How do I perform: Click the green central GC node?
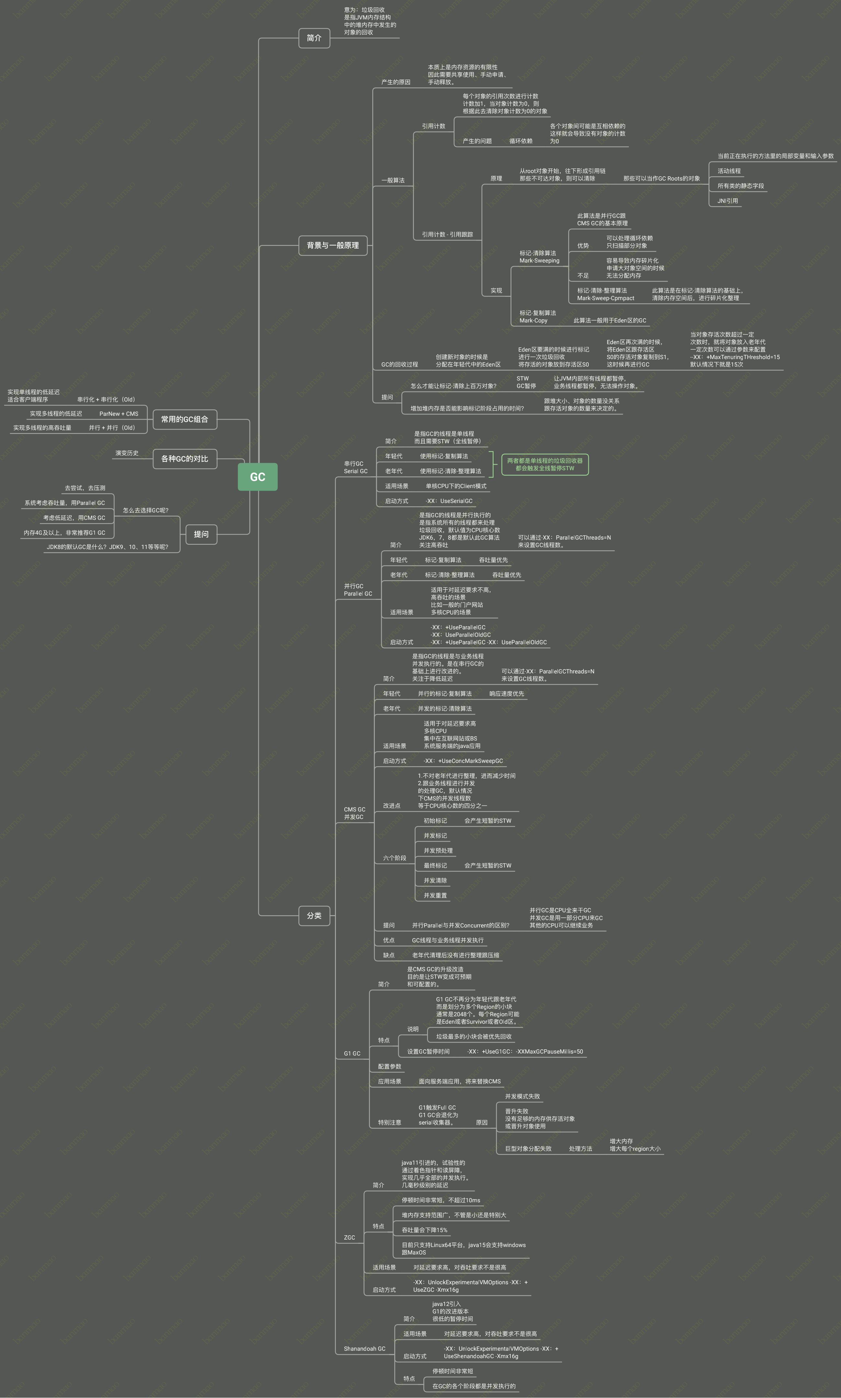click(x=257, y=477)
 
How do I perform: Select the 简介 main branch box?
click(x=314, y=38)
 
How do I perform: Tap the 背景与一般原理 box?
click(x=333, y=245)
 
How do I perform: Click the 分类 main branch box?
click(x=314, y=915)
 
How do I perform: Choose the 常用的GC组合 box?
click(x=185, y=420)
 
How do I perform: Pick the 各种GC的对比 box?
click(x=185, y=459)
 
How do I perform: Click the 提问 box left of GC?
click(x=201, y=534)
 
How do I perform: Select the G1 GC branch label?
click(x=352, y=1053)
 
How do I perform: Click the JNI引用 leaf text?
click(x=728, y=201)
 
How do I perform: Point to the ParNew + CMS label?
click(x=119, y=414)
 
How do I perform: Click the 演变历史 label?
click(x=127, y=453)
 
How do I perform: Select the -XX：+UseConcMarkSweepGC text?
click(x=463, y=761)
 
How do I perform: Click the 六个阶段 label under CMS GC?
click(x=395, y=858)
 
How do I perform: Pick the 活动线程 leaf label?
click(x=729, y=171)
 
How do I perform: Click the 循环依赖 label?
click(x=521, y=141)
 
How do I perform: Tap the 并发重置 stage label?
click(x=435, y=895)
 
